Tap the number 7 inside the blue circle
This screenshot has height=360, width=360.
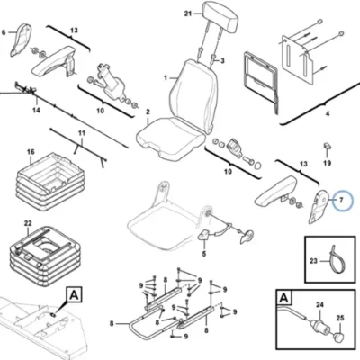coord(341,200)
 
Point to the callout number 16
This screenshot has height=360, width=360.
coord(31,152)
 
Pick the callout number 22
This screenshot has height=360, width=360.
coord(28,223)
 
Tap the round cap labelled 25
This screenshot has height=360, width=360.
coord(339,338)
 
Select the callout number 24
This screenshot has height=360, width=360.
coord(320,305)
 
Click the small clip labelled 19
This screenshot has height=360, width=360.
coord(327,146)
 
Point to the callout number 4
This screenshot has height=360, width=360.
coord(328,114)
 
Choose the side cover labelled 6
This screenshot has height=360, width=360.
coord(22,40)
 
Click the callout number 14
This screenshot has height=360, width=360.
coord(36,111)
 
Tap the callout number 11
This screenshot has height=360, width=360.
coord(82,133)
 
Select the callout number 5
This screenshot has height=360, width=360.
coord(204,254)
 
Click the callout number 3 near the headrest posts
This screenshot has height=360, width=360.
coord(222,61)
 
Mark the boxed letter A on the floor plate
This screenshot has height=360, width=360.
coord(74,295)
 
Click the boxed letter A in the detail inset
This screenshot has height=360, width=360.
coord(284,298)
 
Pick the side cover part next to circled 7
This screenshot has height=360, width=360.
coord(319,206)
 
